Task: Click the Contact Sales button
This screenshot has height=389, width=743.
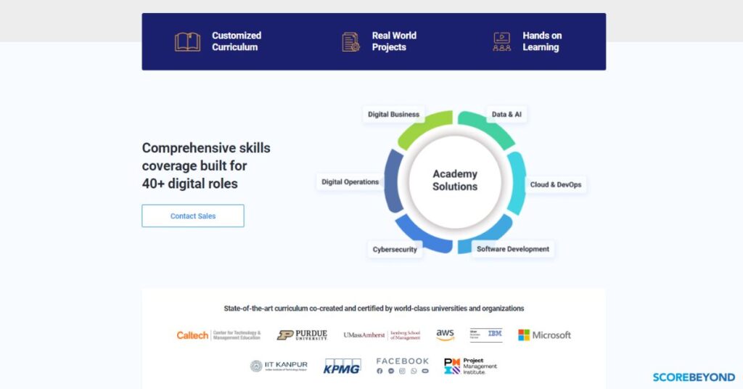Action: (x=193, y=216)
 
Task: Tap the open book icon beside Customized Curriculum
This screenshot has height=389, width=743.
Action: (x=187, y=41)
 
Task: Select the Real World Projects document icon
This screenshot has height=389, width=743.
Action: (x=351, y=41)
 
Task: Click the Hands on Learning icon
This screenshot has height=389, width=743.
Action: (x=501, y=41)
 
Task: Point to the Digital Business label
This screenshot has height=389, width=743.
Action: (x=393, y=115)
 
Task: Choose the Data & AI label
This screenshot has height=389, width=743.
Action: (x=506, y=115)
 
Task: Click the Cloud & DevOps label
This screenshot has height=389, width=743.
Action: (x=555, y=185)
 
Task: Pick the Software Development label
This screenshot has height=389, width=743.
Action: (x=512, y=249)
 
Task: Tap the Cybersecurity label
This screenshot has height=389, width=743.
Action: (x=395, y=250)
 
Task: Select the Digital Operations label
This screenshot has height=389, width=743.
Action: (x=350, y=182)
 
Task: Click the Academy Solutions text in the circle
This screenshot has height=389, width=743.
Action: (x=455, y=180)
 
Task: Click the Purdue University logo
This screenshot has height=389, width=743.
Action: (x=302, y=335)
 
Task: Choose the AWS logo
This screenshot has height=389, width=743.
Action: (x=445, y=335)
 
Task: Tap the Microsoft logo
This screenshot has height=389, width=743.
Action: (x=544, y=335)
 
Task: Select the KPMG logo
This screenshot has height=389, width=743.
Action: (x=342, y=366)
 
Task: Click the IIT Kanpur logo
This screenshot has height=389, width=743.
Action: (x=279, y=366)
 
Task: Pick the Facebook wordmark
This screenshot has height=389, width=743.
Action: (x=403, y=361)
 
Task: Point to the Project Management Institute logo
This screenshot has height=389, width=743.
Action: (x=470, y=366)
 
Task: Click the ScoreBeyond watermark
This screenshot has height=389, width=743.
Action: (x=694, y=377)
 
